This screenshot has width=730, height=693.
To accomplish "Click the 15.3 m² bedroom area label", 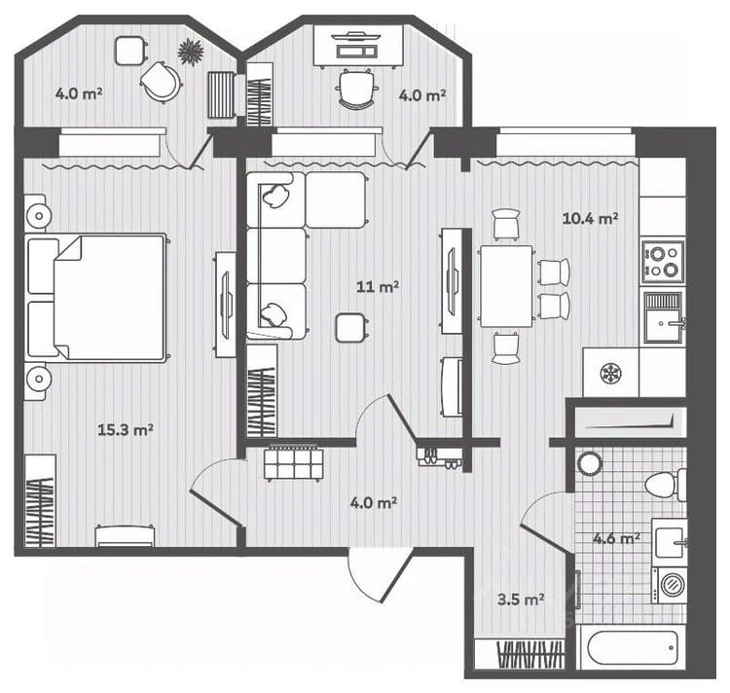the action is tap(126, 429).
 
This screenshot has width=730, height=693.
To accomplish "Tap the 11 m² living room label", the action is tap(377, 286).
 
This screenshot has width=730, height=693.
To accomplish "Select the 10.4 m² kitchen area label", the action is tap(591, 218).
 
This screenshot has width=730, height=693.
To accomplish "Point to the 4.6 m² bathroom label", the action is tap(616, 538).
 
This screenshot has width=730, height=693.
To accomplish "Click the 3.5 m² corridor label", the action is tap(521, 599).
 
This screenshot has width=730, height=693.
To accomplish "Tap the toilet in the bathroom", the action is tap(666, 485).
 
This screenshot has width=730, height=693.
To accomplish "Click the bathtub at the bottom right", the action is tap(633, 648).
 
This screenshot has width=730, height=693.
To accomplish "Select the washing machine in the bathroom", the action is tap(670, 585).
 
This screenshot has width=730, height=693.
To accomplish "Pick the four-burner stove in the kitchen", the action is tap(663, 262).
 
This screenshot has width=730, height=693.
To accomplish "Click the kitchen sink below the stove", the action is tap(665, 318).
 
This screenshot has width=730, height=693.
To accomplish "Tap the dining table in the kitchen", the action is tap(506, 286).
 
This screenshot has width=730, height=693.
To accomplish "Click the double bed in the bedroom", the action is tap(96, 298).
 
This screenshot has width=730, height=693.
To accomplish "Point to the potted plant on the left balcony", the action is tap(191, 51).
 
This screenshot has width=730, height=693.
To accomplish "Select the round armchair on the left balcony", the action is tap(161, 82).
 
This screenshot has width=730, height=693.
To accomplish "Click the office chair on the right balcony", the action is tap(356, 90).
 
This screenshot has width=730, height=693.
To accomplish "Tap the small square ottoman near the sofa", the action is tap(351, 328).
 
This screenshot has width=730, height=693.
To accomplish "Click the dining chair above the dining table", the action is tap(506, 224).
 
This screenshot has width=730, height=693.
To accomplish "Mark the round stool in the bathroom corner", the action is tap(590, 463).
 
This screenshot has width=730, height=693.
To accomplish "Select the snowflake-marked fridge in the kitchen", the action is tap(611, 373).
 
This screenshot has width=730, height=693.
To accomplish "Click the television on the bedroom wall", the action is tap(226, 305).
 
